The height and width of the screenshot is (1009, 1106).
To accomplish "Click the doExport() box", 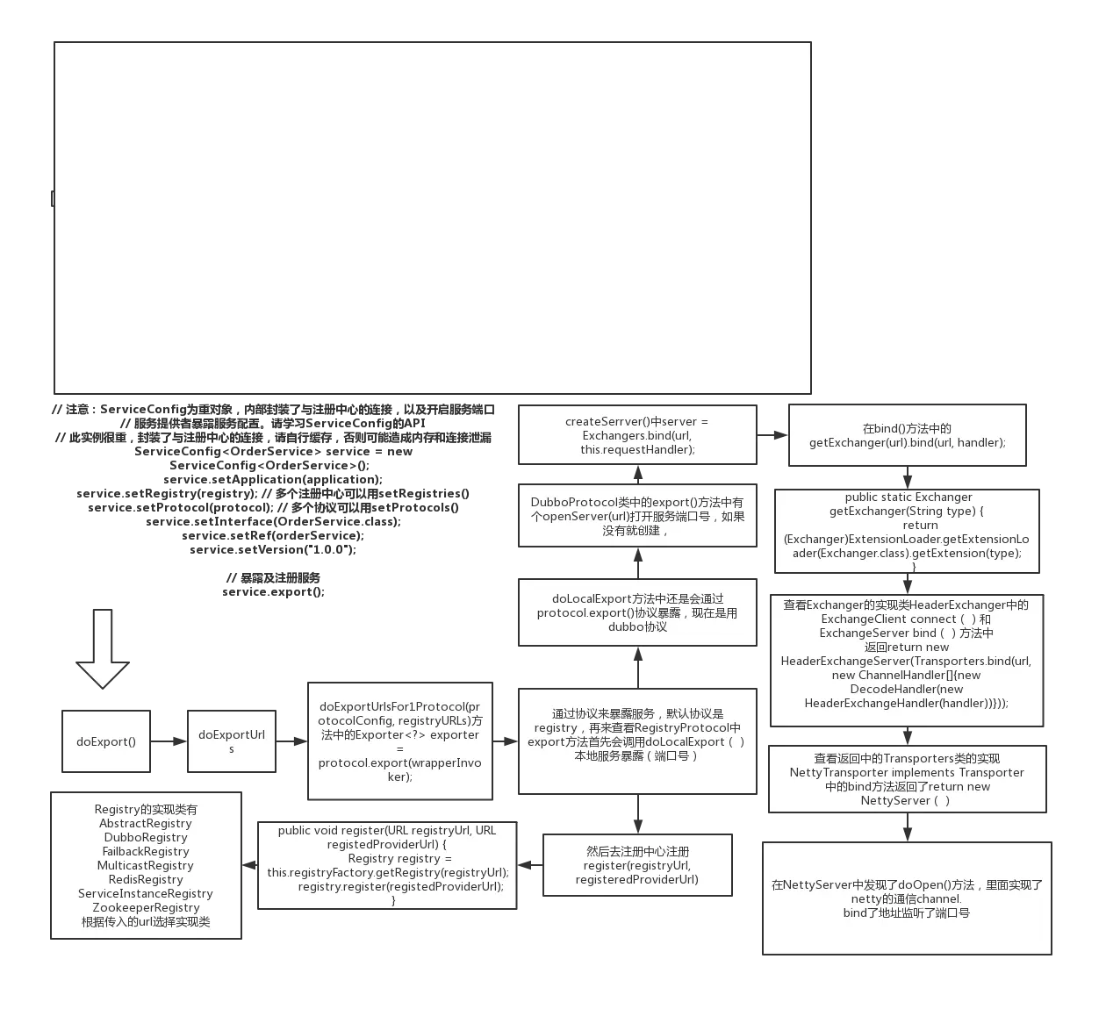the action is pos(106,742).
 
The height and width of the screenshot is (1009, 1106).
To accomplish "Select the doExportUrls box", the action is pos(232,742).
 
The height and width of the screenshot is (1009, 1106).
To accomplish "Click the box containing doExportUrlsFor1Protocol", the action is pos(399,741).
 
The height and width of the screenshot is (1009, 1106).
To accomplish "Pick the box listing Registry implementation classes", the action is pos(146,865).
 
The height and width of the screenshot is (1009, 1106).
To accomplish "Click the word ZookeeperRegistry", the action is pos(146,907).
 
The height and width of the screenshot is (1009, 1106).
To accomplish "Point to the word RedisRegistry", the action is pos(146,879).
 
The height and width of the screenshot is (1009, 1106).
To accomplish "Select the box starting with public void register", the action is pos(387,865).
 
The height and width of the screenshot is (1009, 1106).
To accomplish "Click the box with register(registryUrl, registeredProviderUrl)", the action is pos(637,865).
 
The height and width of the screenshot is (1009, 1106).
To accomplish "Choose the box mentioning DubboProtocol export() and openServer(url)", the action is pos(637,516).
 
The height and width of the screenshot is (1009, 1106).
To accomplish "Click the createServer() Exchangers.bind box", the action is pos(637,435).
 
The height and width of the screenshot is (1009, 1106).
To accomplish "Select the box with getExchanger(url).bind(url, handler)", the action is pos(908,435).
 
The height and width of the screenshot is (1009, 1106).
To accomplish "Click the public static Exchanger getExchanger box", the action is pos(908,532).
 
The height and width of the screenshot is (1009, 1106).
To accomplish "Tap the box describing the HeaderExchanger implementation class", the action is pos(908,660).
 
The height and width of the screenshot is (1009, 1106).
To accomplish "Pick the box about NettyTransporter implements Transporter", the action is pos(908,779).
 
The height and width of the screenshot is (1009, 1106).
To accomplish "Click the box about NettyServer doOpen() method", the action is pos(907,898).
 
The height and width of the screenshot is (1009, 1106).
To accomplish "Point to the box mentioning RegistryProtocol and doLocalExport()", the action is pos(637,741).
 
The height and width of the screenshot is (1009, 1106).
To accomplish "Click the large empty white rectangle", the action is pos(433,217).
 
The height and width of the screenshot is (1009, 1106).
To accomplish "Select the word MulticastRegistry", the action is pos(146,865).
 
